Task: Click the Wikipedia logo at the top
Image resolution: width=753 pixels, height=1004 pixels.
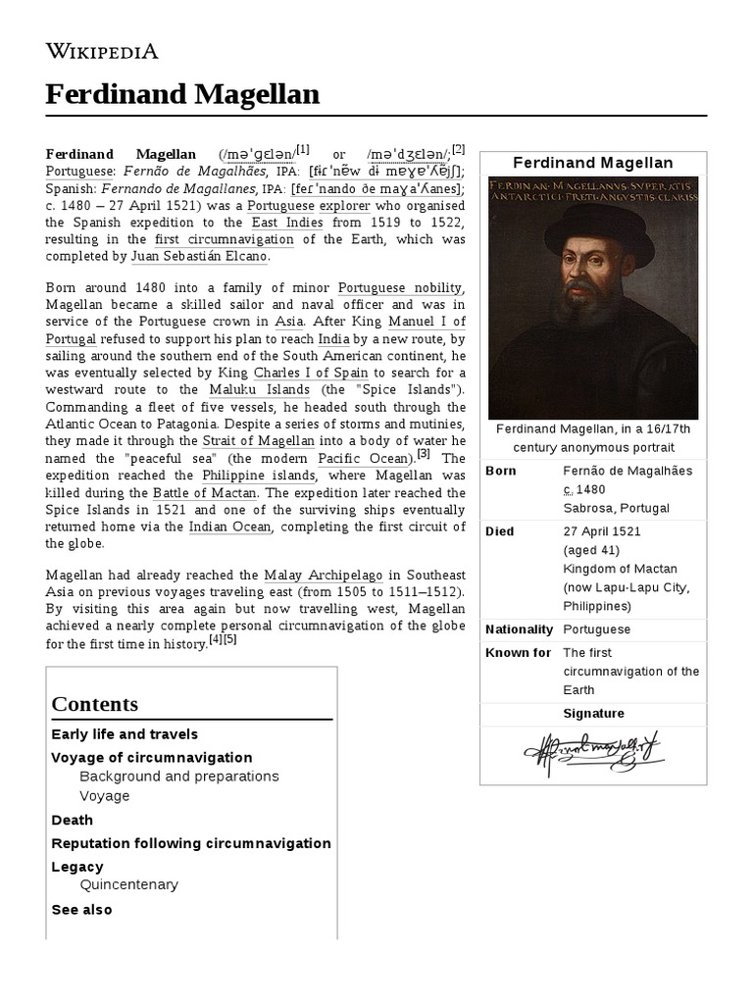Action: click(102, 51)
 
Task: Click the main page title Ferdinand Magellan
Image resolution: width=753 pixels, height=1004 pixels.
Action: click(182, 94)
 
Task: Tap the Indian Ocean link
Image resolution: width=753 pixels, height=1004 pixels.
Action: click(228, 527)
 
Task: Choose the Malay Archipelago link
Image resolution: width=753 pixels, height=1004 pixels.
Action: click(323, 575)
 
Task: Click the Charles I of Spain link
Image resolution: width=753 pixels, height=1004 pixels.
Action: click(310, 373)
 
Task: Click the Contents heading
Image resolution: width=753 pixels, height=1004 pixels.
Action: click(94, 704)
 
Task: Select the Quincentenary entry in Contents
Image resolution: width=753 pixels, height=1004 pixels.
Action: click(128, 884)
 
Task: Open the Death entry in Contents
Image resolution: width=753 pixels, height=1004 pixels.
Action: click(72, 820)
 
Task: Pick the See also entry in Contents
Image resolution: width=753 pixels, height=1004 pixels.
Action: click(81, 910)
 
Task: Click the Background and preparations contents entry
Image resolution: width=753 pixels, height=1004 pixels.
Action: click(178, 777)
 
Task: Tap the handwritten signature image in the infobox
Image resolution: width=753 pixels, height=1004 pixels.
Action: click(592, 754)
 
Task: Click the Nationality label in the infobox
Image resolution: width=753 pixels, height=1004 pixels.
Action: click(519, 629)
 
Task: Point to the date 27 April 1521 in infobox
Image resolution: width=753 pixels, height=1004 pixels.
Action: click(603, 531)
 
